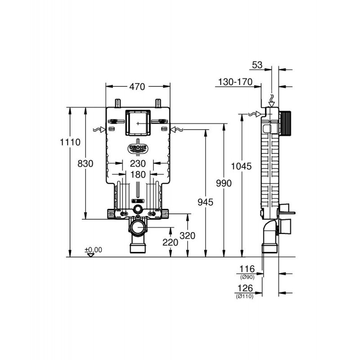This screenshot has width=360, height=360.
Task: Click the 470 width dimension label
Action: click(x=137, y=86)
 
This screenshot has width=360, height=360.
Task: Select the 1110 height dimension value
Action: click(x=70, y=142)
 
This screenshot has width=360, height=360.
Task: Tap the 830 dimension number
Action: click(x=85, y=164)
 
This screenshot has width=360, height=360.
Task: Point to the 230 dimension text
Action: click(x=138, y=163)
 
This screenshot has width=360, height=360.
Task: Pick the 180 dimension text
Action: click(x=138, y=175)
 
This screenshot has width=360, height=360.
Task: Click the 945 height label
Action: click(x=206, y=202)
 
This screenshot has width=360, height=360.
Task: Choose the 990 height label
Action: click(x=224, y=183)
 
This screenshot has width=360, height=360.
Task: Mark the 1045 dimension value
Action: click(x=241, y=166)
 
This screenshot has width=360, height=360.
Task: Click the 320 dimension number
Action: click(x=187, y=235)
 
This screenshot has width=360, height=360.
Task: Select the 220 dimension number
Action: click(x=171, y=242)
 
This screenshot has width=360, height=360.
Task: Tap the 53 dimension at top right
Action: click(x=257, y=65)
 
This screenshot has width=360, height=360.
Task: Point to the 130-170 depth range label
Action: click(x=235, y=82)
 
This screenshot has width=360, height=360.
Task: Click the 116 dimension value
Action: click(x=247, y=269)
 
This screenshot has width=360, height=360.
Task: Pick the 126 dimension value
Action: click(x=245, y=288)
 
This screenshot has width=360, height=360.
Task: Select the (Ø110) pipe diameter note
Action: click(x=244, y=297)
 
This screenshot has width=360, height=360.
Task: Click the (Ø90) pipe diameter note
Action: click(x=247, y=277)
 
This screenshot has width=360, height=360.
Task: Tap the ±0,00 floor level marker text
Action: click(x=94, y=250)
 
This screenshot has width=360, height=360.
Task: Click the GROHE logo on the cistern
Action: click(x=138, y=148)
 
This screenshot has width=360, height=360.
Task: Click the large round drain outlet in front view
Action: click(x=138, y=228)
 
